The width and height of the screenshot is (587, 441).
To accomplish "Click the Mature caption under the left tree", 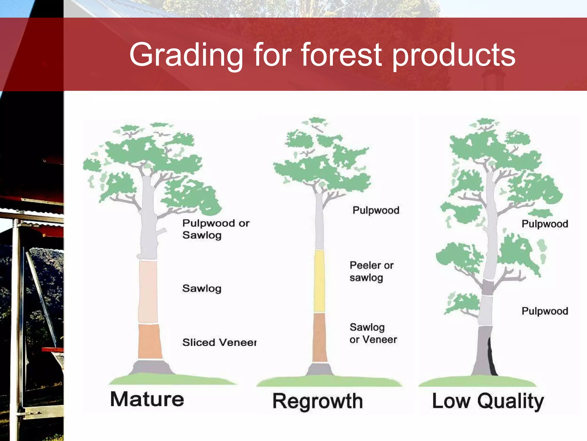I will point(147,399).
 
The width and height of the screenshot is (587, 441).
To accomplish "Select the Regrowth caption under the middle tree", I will point(318,401).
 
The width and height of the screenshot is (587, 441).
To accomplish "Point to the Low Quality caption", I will point(488,401).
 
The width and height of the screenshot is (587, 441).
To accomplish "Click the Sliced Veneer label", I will point(219,342).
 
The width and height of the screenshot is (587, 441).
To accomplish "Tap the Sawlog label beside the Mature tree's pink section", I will point(202,288).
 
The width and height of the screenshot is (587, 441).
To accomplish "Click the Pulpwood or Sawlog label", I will point(216,229).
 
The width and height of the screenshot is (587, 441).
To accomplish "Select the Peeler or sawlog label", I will point(371,271).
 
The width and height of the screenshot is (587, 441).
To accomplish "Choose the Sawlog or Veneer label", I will point(373,333).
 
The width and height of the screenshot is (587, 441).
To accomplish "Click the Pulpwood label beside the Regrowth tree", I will point(376,210).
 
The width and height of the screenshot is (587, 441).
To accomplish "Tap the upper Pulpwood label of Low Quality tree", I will point(545,224).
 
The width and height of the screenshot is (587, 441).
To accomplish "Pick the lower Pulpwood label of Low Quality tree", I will point(545,311).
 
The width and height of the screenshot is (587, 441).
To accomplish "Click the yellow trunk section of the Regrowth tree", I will point(319,281).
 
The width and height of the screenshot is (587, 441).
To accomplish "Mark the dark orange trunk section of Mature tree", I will point(150,342).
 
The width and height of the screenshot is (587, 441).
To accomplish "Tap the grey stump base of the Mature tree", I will point(151,367).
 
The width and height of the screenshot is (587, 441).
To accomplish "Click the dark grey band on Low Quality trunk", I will point(487,287).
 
